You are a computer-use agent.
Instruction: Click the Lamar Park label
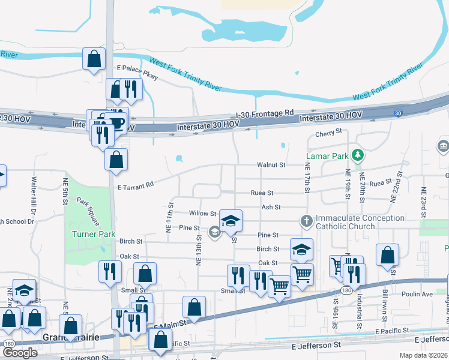click(327, 155)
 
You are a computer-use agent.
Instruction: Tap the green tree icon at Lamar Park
click(358, 155)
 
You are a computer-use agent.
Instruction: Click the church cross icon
click(306, 221)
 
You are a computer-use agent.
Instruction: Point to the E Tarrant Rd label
click(136, 185)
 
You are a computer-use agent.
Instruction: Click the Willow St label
click(202, 213)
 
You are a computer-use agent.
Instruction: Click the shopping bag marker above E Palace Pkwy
click(94, 59)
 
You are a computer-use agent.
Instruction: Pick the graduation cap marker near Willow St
click(231, 221)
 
